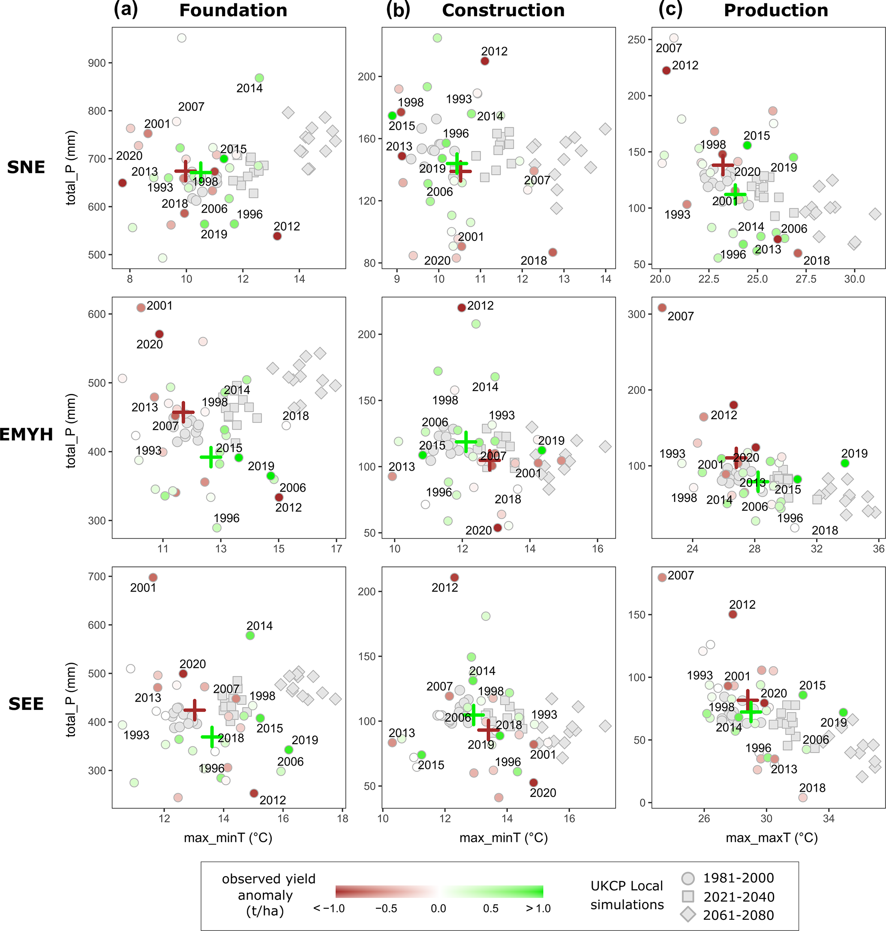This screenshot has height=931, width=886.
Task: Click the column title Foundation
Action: pos(233,10)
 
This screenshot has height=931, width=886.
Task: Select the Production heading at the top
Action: pos(775,10)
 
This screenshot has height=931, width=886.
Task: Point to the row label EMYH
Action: pos(27,434)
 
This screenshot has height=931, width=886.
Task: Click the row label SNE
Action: pos(26,167)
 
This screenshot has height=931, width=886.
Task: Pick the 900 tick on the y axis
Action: pos(96,63)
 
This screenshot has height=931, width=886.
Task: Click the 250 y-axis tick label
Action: pos(636,40)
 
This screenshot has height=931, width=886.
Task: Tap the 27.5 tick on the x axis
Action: pos(806,279)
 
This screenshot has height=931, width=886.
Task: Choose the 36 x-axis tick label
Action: pos(878,549)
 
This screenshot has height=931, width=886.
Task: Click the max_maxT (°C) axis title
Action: pos(771,838)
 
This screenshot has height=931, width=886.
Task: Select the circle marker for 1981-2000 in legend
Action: pos(688,878)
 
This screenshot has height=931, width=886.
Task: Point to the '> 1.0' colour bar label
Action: pos(538,908)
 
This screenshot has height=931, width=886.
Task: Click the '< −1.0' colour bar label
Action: pos(329,908)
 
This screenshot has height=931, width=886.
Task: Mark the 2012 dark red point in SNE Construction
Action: pos(484,61)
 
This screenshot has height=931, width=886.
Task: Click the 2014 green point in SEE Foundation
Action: pos(250,635)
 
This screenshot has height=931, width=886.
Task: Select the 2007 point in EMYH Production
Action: pos(662,308)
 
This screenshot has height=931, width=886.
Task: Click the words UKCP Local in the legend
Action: pos(626,886)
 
